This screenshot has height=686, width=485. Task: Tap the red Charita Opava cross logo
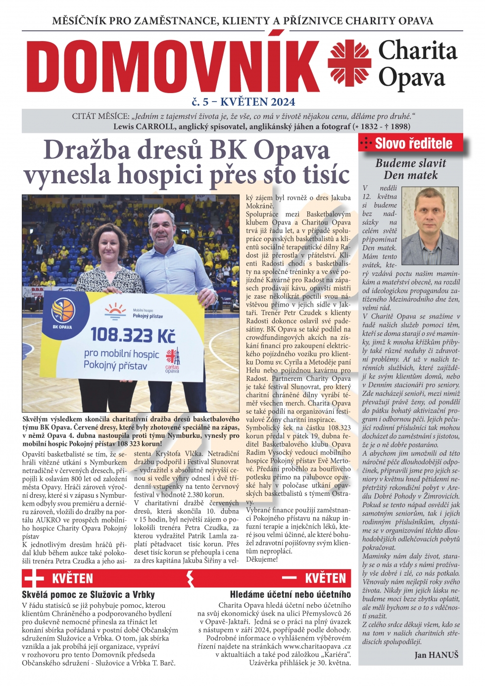tap(349, 63)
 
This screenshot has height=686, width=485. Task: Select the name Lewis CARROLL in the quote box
tap(144, 126)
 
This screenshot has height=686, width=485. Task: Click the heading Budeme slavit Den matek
tap(410, 169)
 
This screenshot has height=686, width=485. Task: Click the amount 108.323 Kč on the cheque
tap(133, 335)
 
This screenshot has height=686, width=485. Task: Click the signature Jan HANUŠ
tap(436, 655)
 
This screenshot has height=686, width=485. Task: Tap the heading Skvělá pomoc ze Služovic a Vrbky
tap(88, 594)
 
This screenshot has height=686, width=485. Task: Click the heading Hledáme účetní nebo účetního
tap(290, 594)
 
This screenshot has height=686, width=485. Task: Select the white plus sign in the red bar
tap(34, 579)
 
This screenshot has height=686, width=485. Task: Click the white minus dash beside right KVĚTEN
tap(289, 578)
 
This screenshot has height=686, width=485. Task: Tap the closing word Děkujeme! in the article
tap(262, 559)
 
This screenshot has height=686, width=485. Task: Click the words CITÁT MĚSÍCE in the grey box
tap(100, 116)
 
